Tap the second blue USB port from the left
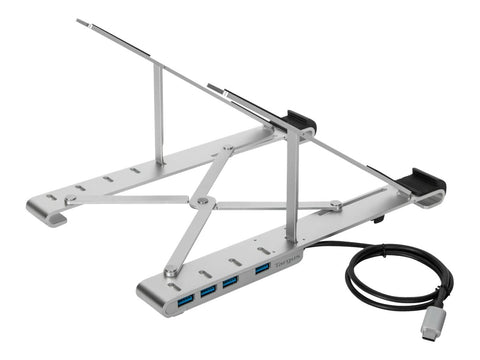click(x=209, y=290)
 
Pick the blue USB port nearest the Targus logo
click(x=262, y=269)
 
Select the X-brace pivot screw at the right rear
click(x=336, y=207)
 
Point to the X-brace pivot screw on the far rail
click(x=228, y=149)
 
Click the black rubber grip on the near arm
click(x=424, y=185)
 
